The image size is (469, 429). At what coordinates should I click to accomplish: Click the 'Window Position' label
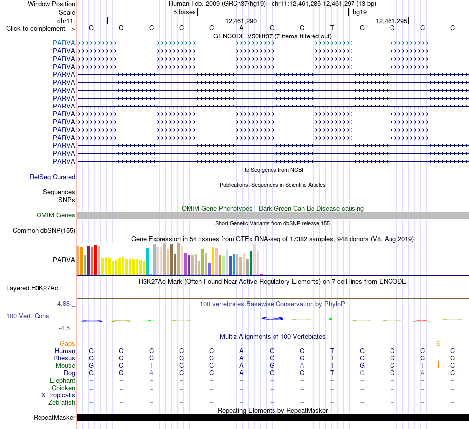click(51, 4)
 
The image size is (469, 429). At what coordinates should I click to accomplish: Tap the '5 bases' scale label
click(184, 12)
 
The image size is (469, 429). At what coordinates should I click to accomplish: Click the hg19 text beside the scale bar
click(360, 12)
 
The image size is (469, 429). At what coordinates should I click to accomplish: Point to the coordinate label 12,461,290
click(241, 21)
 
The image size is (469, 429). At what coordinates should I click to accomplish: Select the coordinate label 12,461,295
click(391, 21)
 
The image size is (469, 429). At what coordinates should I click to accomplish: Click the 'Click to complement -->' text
click(40, 29)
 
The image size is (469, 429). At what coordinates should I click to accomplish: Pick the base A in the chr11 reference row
click(242, 28)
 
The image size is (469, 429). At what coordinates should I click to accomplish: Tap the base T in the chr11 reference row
click(332, 28)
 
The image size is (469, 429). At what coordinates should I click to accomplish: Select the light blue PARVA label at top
click(64, 43)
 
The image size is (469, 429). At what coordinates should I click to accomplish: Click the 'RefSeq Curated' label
click(52, 177)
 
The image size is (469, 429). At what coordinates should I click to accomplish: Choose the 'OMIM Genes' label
click(56, 215)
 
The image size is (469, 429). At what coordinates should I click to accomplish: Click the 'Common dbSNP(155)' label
click(44, 231)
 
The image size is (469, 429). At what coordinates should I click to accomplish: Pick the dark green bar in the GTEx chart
click(251, 263)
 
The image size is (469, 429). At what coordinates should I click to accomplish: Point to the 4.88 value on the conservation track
click(63, 304)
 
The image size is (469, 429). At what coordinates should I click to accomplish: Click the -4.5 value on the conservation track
click(64, 328)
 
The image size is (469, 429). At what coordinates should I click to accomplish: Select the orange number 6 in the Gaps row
click(438, 344)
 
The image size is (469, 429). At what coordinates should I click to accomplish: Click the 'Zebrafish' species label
click(62, 403)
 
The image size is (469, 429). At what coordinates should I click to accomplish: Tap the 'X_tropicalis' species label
click(58, 395)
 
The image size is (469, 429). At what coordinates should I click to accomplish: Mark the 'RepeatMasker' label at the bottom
click(54, 417)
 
